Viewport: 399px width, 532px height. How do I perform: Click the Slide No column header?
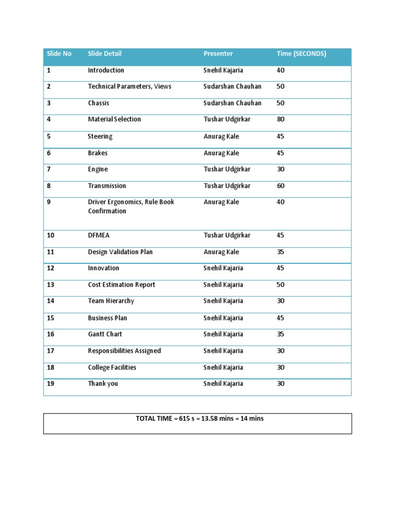click(x=59, y=54)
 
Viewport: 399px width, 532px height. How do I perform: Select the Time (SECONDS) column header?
click(x=301, y=54)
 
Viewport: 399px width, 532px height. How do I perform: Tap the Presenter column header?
click(x=218, y=54)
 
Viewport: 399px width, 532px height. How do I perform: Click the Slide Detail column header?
click(x=105, y=54)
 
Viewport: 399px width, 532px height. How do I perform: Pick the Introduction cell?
click(x=106, y=70)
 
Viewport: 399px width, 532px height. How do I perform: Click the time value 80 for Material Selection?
click(x=281, y=119)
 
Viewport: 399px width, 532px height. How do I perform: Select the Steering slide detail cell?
click(x=100, y=137)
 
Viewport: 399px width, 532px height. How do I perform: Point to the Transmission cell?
click(x=107, y=185)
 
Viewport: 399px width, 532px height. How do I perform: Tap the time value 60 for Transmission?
click(x=281, y=185)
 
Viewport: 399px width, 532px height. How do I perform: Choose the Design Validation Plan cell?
click(x=121, y=252)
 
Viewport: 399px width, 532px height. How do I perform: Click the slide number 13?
click(x=50, y=285)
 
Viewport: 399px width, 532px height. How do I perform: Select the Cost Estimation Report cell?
click(x=122, y=285)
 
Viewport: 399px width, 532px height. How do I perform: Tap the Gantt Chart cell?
click(x=105, y=334)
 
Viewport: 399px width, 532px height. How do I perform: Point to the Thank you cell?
click(x=103, y=383)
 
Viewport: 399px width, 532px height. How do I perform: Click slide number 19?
click(x=50, y=383)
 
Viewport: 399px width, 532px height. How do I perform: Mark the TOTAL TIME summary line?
click(x=199, y=418)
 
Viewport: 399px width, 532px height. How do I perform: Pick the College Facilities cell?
click(x=112, y=367)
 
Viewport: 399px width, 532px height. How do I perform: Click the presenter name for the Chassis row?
click(x=232, y=103)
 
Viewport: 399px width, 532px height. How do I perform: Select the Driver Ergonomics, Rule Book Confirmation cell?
click(x=131, y=206)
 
